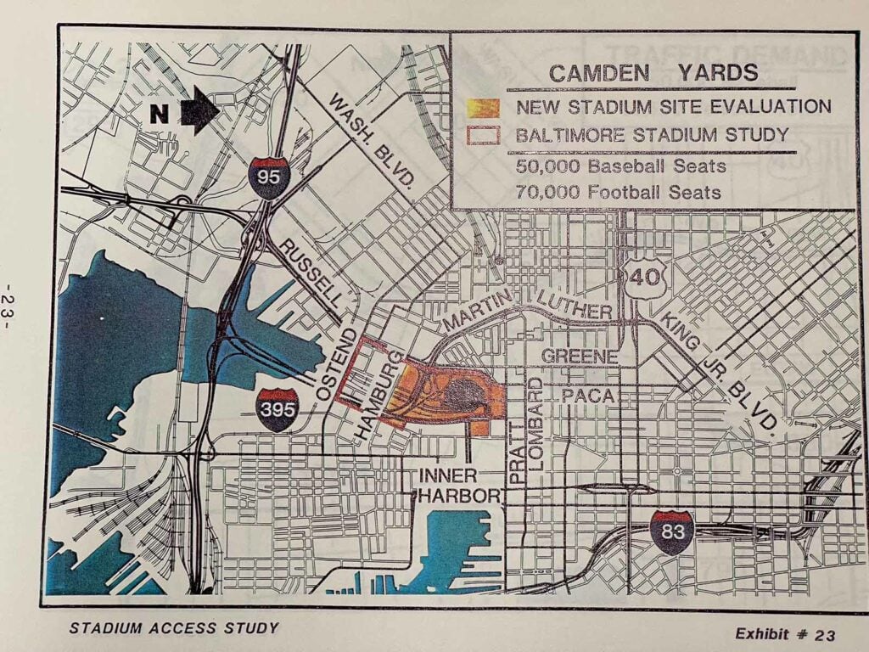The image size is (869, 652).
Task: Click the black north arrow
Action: click(x=199, y=111)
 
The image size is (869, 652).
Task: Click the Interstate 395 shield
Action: click(x=278, y=410)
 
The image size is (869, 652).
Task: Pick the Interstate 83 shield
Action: click(x=671, y=532)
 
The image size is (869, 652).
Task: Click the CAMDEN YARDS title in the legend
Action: click(x=653, y=72)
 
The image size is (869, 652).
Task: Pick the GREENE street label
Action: click(x=580, y=356)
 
